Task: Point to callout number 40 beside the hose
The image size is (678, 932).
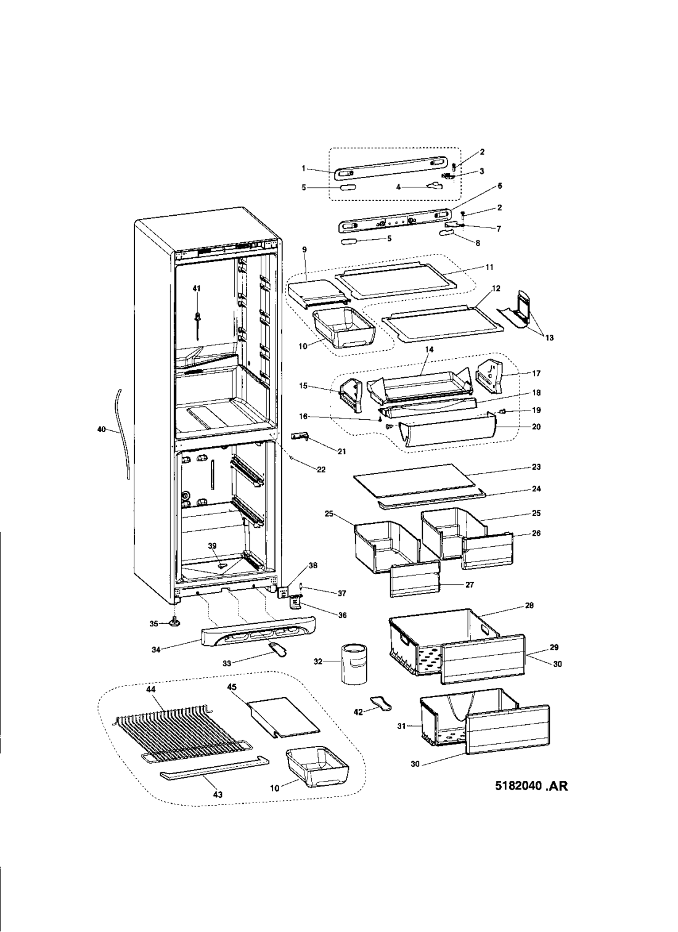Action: pos(102,430)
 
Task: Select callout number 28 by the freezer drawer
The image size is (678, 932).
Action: pos(529,606)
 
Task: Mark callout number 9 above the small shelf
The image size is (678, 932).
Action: pos(304,249)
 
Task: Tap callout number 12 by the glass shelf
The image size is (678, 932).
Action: pos(496,288)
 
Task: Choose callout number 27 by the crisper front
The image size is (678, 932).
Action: pos(469,585)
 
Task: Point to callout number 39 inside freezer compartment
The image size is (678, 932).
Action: pos(212,546)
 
